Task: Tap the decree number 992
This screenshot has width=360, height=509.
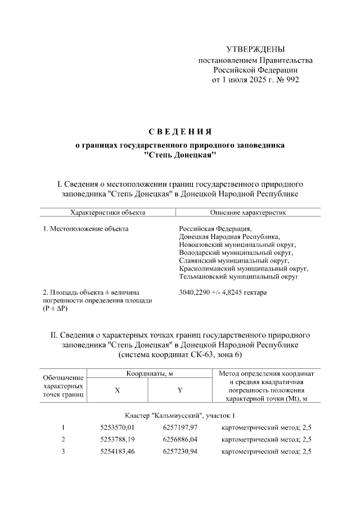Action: (292, 80)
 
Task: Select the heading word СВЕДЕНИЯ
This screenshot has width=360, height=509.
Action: (180, 132)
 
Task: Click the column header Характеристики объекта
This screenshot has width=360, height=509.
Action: (107, 213)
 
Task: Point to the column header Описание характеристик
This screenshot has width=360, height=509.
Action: (248, 213)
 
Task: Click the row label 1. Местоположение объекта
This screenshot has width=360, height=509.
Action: (85, 229)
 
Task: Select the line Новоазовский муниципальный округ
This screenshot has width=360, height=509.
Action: (237, 245)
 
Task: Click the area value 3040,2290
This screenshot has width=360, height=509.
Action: (195, 293)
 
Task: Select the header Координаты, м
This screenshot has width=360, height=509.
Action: (148, 373)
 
